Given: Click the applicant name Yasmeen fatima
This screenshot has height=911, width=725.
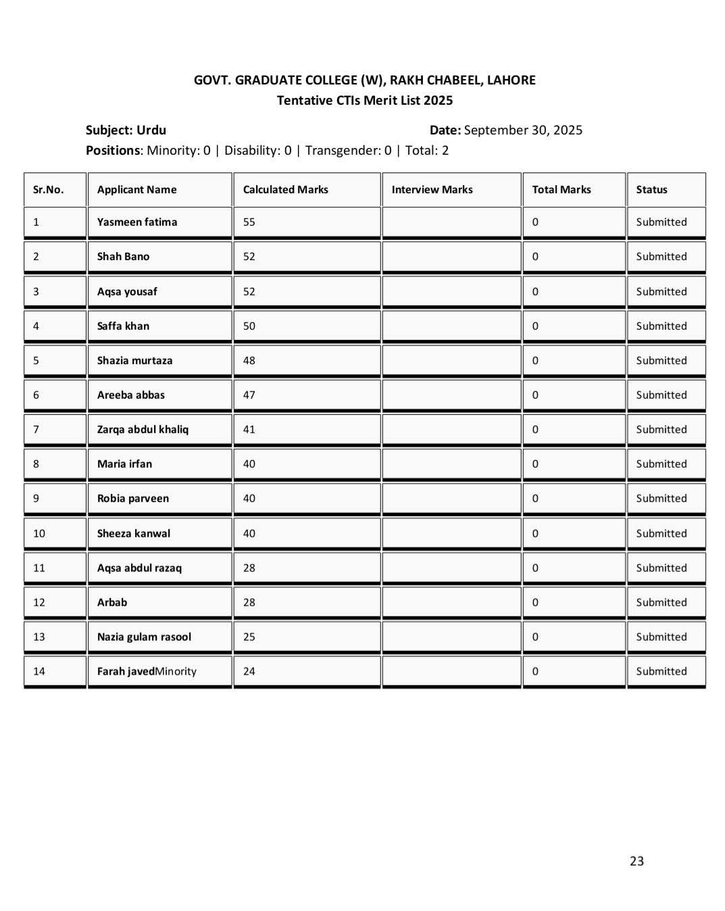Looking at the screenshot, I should (137, 222).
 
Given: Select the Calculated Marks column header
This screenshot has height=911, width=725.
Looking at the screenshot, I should (285, 189).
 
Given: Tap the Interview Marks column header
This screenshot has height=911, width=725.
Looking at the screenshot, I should (432, 189).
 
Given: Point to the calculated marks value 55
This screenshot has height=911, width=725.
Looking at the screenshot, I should (249, 222).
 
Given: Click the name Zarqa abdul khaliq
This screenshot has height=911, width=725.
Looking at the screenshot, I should (143, 429).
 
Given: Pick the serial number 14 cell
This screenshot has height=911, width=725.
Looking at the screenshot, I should (39, 671).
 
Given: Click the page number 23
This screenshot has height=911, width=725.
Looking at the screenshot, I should (636, 860).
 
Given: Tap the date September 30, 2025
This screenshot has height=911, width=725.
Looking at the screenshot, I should (523, 130).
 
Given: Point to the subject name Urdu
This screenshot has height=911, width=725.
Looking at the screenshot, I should (151, 130).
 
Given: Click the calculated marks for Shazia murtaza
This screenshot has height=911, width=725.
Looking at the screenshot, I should (249, 360).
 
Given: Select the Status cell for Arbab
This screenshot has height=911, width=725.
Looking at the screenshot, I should (661, 602).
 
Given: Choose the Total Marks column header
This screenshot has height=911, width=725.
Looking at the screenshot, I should (561, 189).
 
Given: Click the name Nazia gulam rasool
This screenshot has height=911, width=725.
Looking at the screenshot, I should (144, 637).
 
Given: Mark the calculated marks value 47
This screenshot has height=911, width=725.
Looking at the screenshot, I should (249, 395).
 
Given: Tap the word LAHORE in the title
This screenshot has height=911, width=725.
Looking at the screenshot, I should (511, 80).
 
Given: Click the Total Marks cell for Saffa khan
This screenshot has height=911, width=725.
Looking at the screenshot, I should (535, 326).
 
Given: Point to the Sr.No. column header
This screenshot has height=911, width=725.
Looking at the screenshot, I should (48, 189).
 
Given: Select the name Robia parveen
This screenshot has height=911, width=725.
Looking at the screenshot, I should (133, 498).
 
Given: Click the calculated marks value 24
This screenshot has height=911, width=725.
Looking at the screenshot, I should (249, 671).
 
